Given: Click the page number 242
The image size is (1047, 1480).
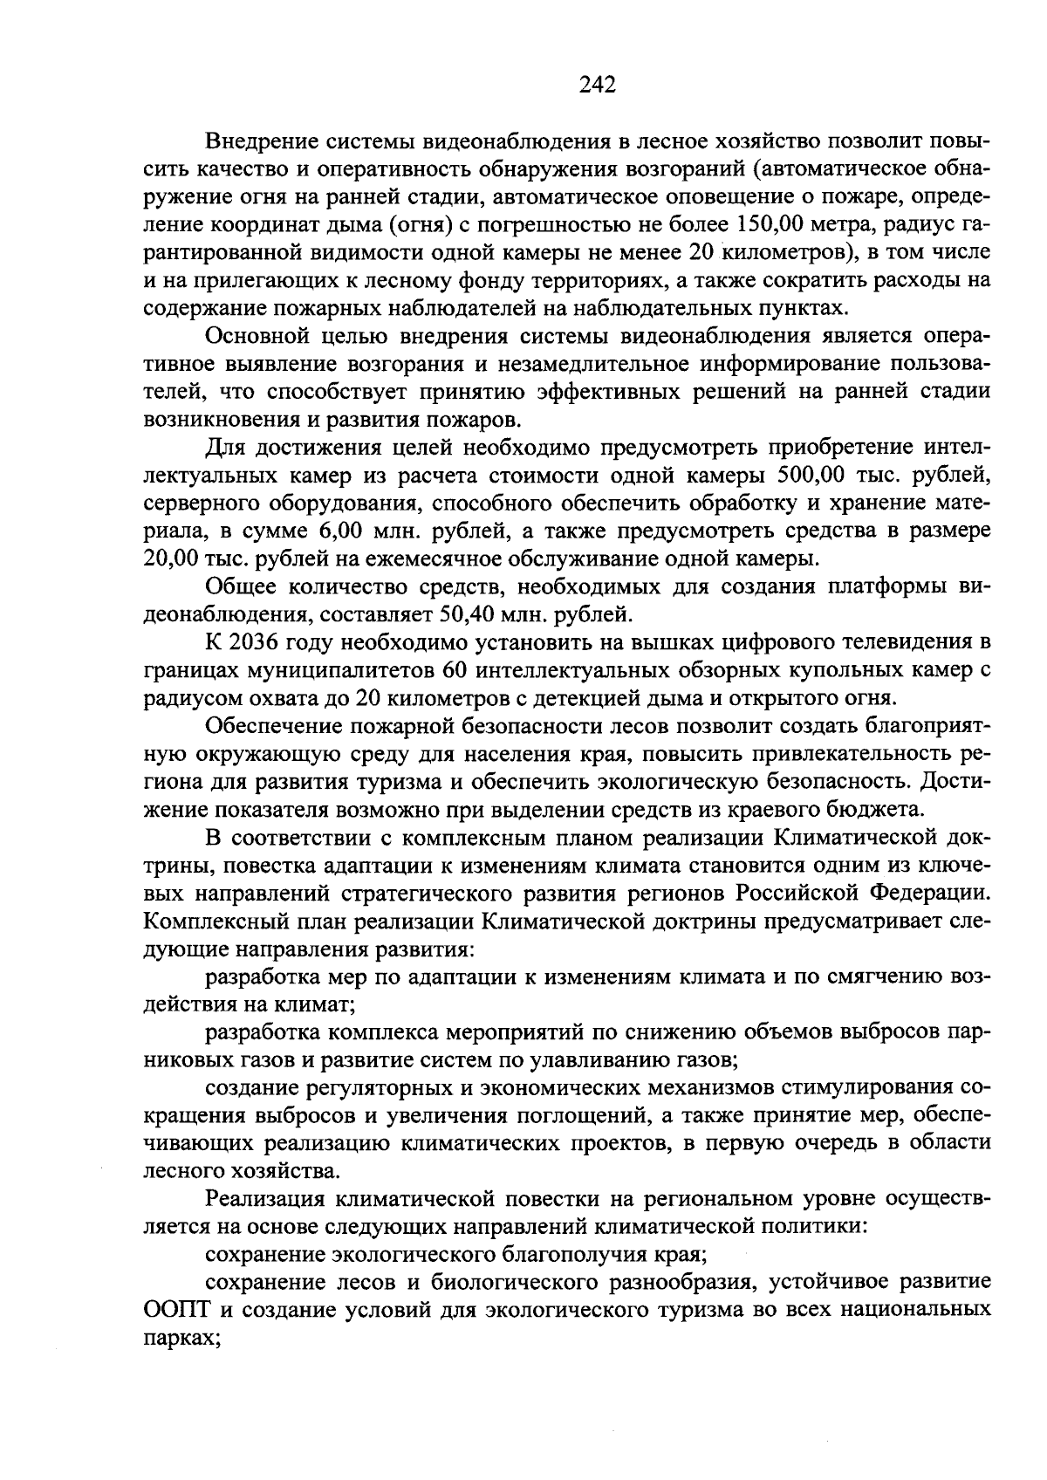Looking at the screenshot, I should click(597, 85).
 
